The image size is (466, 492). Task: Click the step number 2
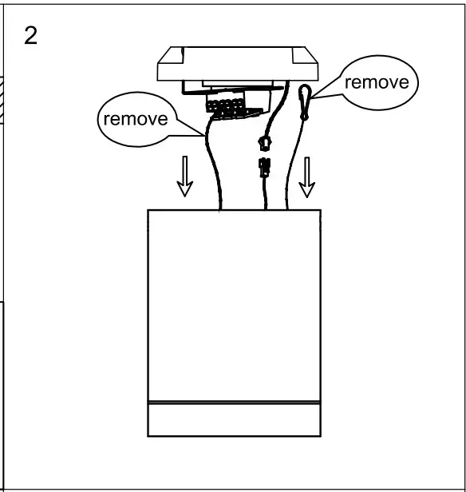[x=31, y=38]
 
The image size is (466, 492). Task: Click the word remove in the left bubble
[x=135, y=120]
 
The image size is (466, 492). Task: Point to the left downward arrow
[x=184, y=176]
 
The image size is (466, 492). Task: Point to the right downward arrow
[x=306, y=177]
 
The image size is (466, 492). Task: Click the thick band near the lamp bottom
[x=235, y=401]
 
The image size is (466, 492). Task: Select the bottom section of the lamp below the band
[x=235, y=420]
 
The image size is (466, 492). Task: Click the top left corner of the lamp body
[x=149, y=211]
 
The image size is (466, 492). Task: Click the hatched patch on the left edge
[x=3, y=100]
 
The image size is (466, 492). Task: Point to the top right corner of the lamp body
[x=320, y=211]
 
